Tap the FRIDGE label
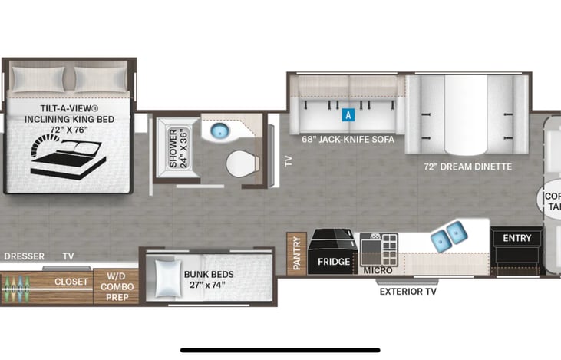(x=334, y=262)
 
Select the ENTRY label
(x=516, y=238)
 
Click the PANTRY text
(x=297, y=253)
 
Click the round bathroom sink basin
(x=221, y=131)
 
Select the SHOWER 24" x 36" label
(x=178, y=147)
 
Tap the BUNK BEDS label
(x=209, y=274)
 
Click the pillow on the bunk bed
(x=168, y=277)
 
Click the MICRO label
(x=378, y=270)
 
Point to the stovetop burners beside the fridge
(x=378, y=249)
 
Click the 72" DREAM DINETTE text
(x=467, y=167)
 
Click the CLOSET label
(x=71, y=282)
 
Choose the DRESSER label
(x=23, y=256)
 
